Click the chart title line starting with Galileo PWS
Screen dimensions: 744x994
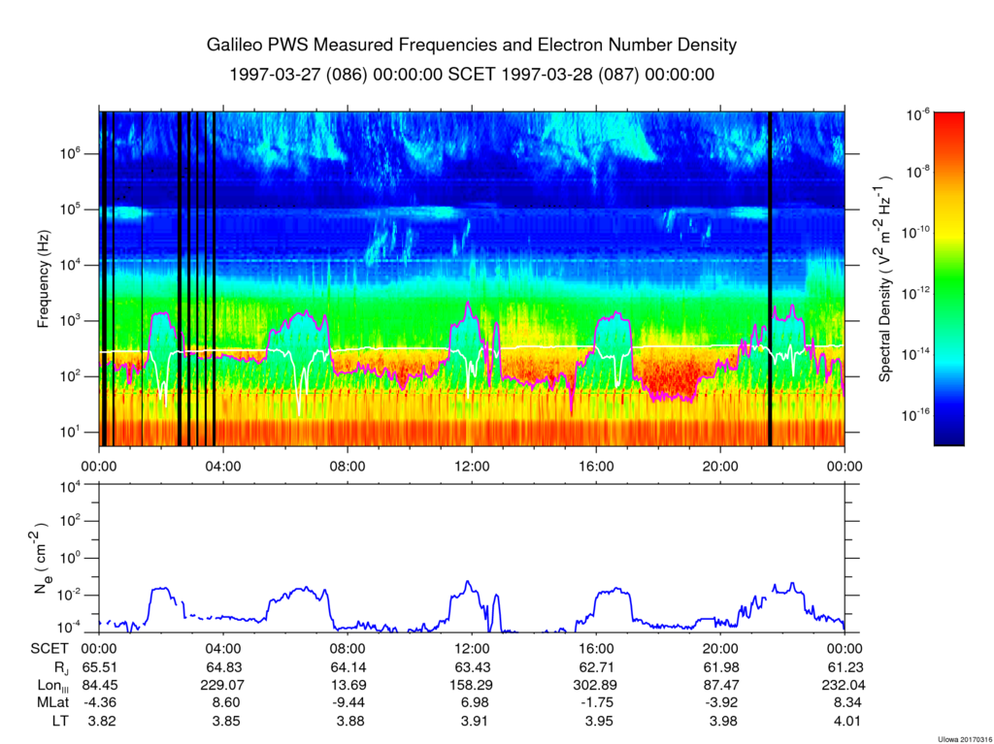472,46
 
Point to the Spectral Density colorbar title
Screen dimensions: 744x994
885,278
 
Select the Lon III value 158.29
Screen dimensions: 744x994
472,685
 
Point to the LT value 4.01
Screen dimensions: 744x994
845,720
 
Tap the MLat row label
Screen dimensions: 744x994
50,702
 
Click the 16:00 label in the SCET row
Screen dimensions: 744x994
596,649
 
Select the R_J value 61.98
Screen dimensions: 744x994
720,667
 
